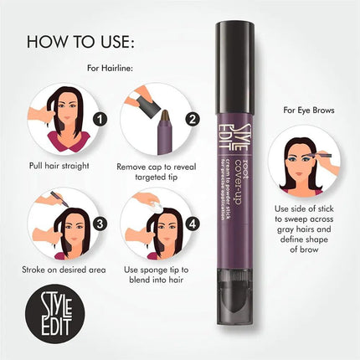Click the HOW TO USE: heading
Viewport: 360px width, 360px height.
(80, 42)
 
